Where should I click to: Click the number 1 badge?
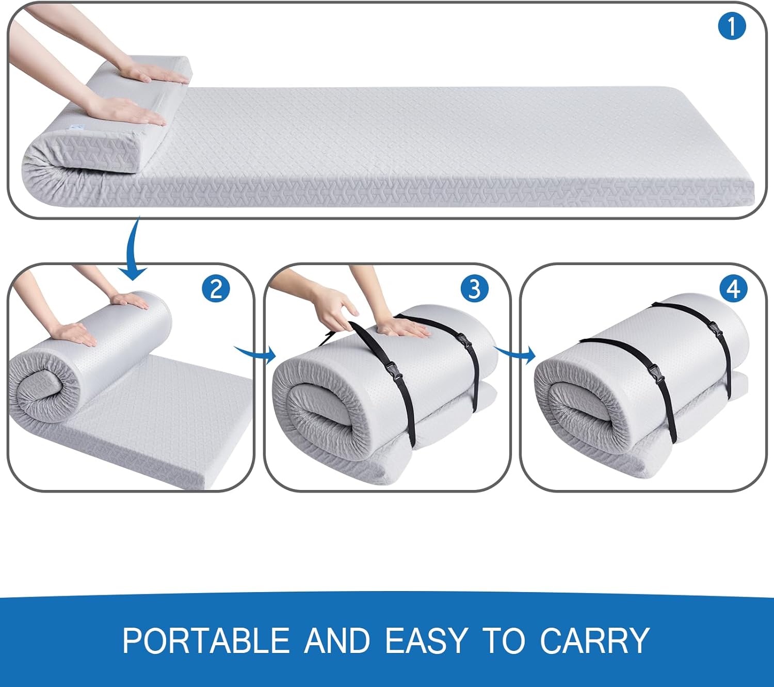pyautogui.click(x=732, y=26)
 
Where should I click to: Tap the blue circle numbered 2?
pyautogui.click(x=216, y=289)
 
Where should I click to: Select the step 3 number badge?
pyautogui.click(x=475, y=289)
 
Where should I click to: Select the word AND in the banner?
pyautogui.click(x=337, y=641)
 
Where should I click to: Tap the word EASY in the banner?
pyautogui.click(x=426, y=641)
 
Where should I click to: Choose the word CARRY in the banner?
pyautogui.click(x=595, y=641)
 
